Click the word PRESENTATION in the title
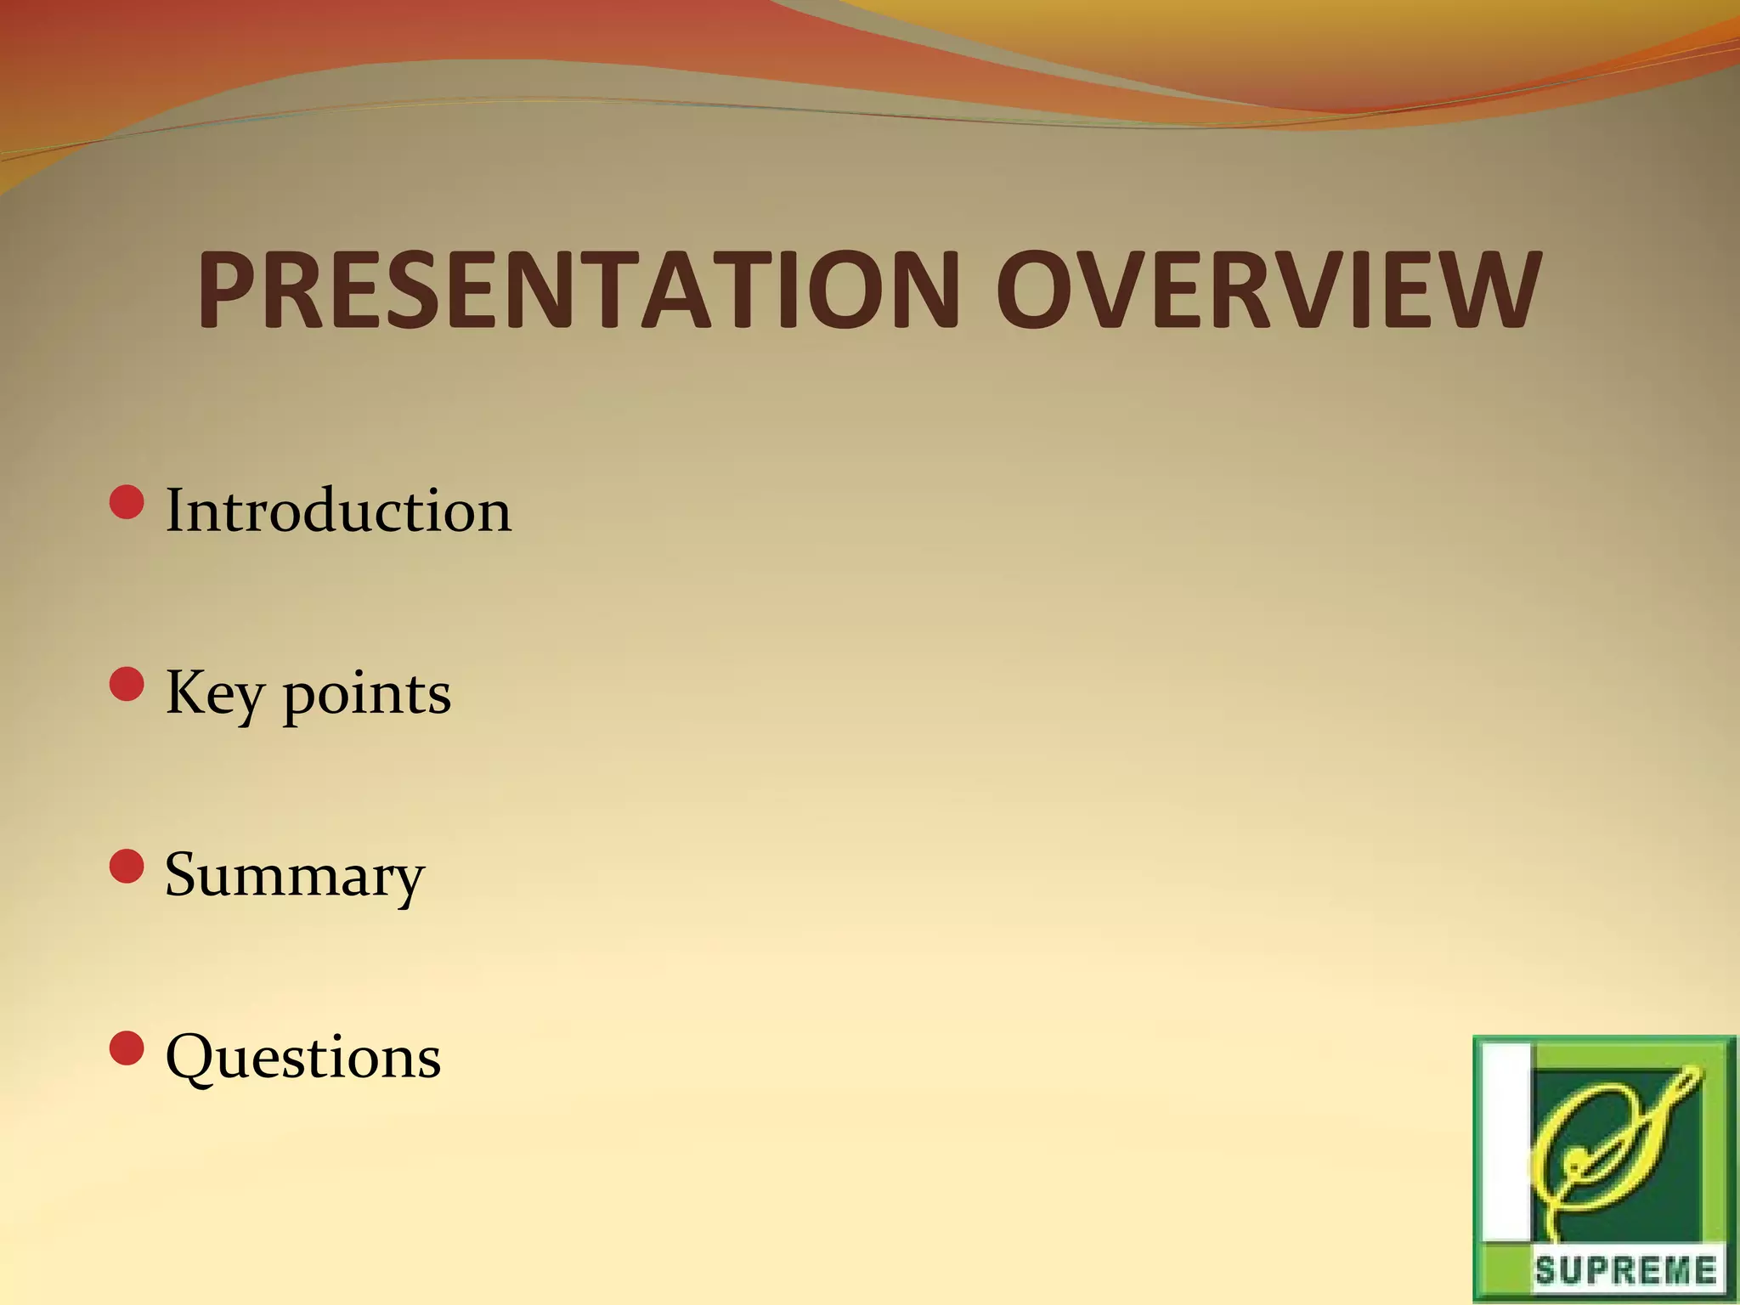tap(578, 291)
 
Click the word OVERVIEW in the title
tap(1268, 291)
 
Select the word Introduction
tap(338, 511)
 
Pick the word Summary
tap(294, 876)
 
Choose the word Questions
tap(303, 1058)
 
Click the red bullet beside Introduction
tap(127, 501)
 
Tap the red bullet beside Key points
tap(127, 684)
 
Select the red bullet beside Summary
tap(127, 866)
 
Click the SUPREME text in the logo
tap(1624, 1271)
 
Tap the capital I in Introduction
tap(175, 511)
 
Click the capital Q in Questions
tap(191, 1058)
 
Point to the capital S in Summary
tap(186, 874)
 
